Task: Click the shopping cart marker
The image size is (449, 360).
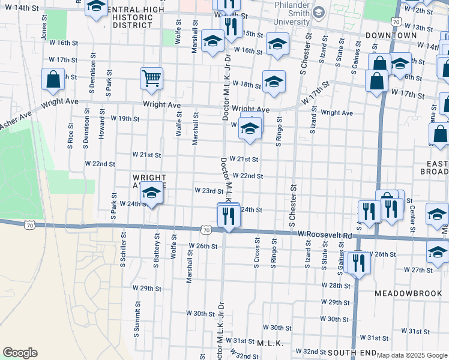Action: click(x=151, y=78)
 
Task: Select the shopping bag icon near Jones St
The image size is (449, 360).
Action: click(x=53, y=79)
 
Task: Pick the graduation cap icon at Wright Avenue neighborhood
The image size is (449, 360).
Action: click(x=151, y=194)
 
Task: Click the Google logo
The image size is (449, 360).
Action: click(x=20, y=353)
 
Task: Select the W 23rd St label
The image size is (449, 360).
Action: click(x=209, y=191)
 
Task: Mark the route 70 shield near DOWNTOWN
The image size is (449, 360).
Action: click(x=394, y=22)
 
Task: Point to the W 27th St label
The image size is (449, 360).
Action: click(x=418, y=271)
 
